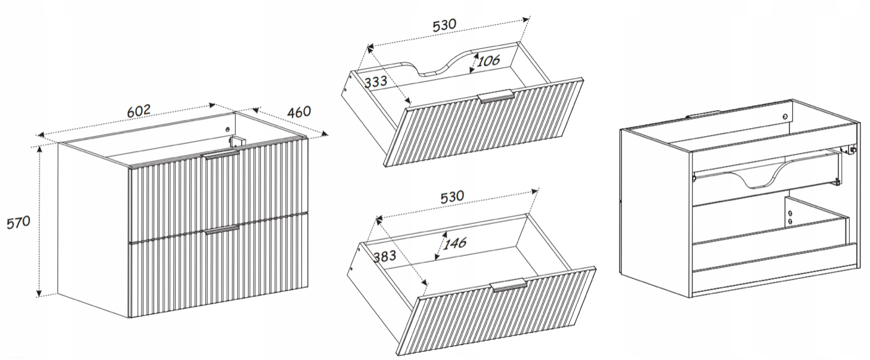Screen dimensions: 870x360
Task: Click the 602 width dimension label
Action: (x=139, y=111)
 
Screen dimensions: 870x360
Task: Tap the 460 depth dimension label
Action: (x=299, y=112)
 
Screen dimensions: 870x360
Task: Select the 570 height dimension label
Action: (x=19, y=223)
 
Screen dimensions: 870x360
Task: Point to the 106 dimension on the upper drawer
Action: (x=488, y=61)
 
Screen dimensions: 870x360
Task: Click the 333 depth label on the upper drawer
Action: (x=376, y=81)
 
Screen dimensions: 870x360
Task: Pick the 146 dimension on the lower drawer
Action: (x=454, y=244)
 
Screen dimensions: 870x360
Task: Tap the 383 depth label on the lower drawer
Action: (x=385, y=256)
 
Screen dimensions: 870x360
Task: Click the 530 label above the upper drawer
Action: (x=445, y=25)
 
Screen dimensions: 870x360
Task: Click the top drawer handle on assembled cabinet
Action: (x=221, y=155)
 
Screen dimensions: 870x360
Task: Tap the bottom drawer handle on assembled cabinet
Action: (x=222, y=230)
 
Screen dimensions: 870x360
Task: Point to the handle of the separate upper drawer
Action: (x=497, y=96)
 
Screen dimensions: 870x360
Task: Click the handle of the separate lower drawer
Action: (x=508, y=285)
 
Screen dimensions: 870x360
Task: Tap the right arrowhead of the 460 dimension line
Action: (x=324, y=134)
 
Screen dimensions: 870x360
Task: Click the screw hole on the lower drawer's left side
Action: (x=351, y=268)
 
